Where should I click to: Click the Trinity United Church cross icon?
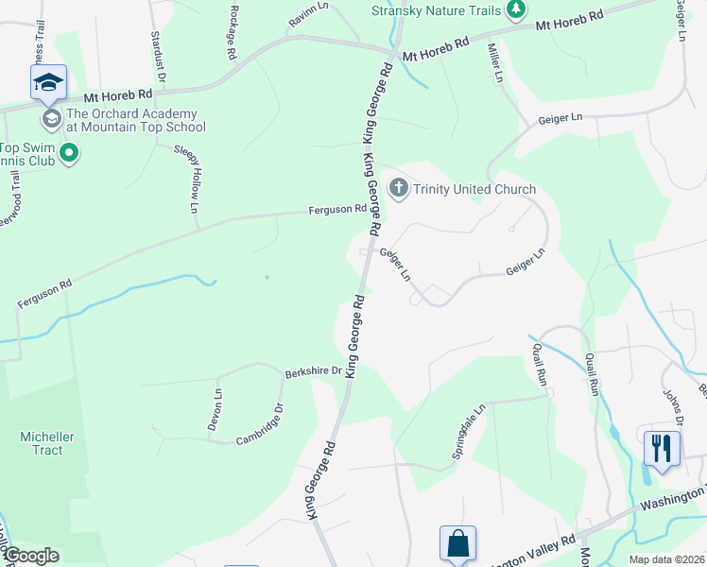[x=398, y=189]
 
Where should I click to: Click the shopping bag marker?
[x=457, y=543]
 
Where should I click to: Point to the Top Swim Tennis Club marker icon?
[x=68, y=152]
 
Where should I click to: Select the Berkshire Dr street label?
[x=313, y=371]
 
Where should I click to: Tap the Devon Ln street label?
[x=216, y=411]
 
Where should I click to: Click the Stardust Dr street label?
[x=159, y=56]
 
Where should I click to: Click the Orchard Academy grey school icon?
[x=51, y=119]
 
